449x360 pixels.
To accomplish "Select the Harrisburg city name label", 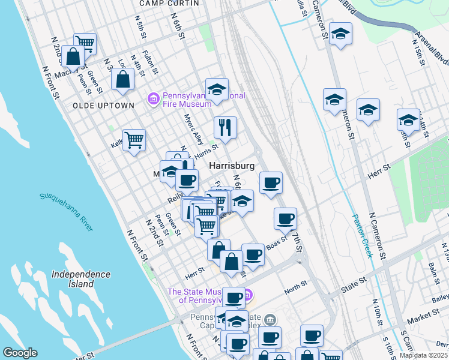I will tap(232, 165).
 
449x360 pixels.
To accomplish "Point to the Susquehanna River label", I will tap(67, 212).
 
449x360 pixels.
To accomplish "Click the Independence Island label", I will tap(81, 278).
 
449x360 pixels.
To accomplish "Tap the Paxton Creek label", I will tap(363, 236).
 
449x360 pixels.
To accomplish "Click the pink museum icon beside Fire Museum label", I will tap(154, 98).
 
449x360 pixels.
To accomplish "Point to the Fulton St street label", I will tap(151, 63).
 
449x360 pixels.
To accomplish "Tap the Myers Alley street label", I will tap(194, 129).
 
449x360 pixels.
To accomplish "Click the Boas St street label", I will tap(277, 244).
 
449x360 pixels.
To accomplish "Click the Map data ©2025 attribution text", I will tap(423, 355).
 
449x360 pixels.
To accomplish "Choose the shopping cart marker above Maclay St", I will tap(85, 42).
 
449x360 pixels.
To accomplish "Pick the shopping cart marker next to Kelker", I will tap(134, 139).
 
